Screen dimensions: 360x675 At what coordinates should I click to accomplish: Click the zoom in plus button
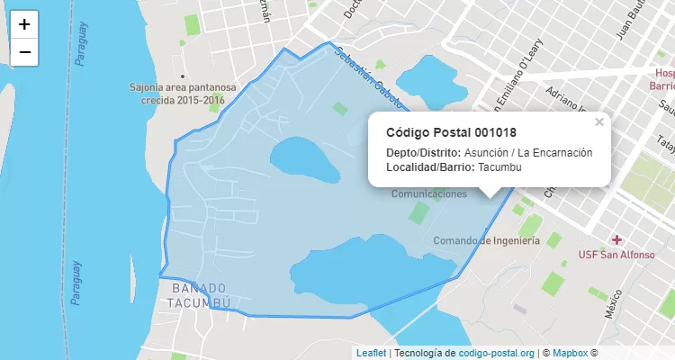[x=24, y=24]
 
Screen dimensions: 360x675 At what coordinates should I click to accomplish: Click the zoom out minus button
[x=24, y=52]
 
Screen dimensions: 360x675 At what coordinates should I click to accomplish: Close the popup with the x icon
[x=599, y=122]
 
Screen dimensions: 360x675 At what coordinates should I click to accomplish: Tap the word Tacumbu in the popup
[x=499, y=167]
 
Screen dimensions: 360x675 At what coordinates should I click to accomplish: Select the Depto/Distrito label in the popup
[x=423, y=152]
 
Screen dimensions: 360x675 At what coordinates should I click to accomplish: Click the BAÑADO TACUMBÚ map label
[x=199, y=295]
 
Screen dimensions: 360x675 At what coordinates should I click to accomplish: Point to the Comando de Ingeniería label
[x=486, y=240]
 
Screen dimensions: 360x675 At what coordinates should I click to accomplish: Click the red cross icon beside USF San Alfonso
[x=616, y=239]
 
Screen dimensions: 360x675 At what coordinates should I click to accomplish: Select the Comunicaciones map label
[x=429, y=193]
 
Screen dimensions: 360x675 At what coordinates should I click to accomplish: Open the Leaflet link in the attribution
[x=371, y=353]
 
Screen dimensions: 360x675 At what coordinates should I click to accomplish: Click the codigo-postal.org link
[x=497, y=353]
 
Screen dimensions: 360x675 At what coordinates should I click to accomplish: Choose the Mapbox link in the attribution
[x=570, y=353]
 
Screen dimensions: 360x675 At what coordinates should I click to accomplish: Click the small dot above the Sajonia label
[x=183, y=76]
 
